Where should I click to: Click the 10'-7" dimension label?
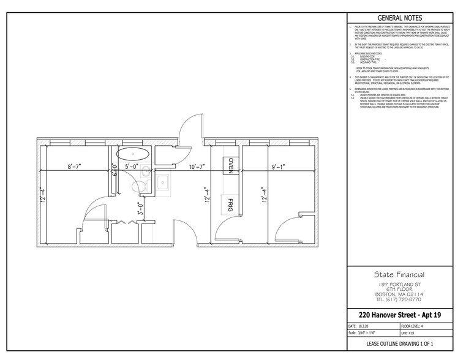click(200, 166)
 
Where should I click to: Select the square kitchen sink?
click(165, 181)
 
